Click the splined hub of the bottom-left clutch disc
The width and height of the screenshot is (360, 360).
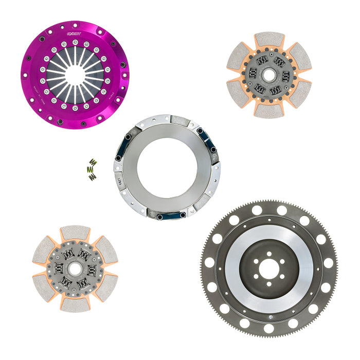coord(75,268)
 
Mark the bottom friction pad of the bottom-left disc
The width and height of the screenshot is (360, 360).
coord(75,304)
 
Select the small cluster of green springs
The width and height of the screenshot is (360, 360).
coord(92,170)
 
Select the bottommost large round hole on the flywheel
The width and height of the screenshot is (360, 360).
coord(269,328)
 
